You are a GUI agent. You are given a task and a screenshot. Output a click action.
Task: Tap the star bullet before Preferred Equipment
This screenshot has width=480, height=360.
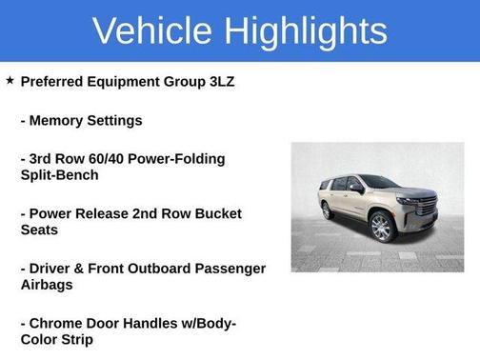[10, 81]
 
